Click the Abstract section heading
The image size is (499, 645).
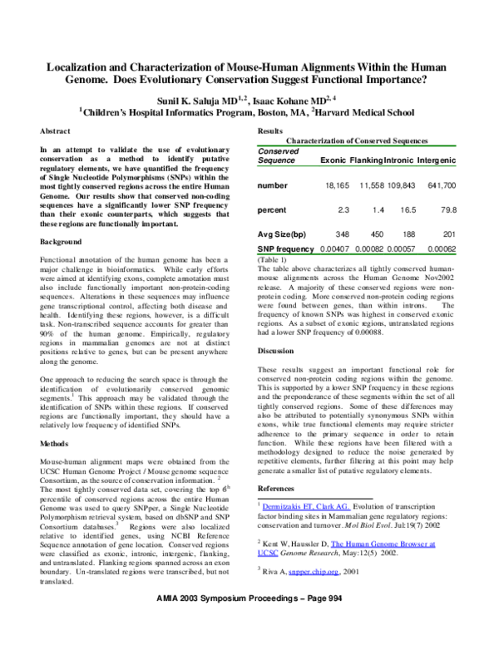click(57, 132)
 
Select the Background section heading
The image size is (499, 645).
click(62, 242)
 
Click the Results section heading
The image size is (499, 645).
click(270, 132)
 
